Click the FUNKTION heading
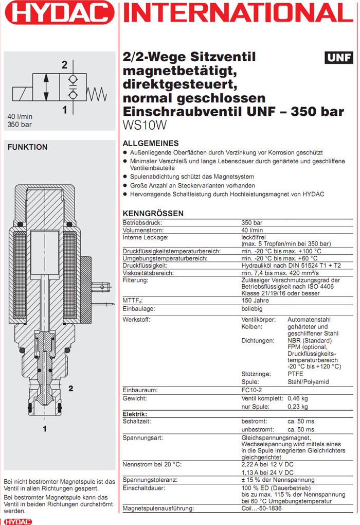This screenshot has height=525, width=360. coord(27,147)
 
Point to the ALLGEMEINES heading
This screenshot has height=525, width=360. coord(151,144)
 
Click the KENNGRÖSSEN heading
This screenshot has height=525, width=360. coord(153,214)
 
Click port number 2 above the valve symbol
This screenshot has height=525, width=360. coord(64,65)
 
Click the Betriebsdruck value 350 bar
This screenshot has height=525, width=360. coord(252,222)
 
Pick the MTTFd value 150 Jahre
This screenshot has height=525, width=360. coord(256,300)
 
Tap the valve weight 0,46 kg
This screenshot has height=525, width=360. coord(297,398)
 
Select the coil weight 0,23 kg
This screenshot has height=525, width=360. coord(297,407)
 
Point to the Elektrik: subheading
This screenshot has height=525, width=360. coord(135,414)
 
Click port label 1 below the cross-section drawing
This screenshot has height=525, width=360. coord(45,428)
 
